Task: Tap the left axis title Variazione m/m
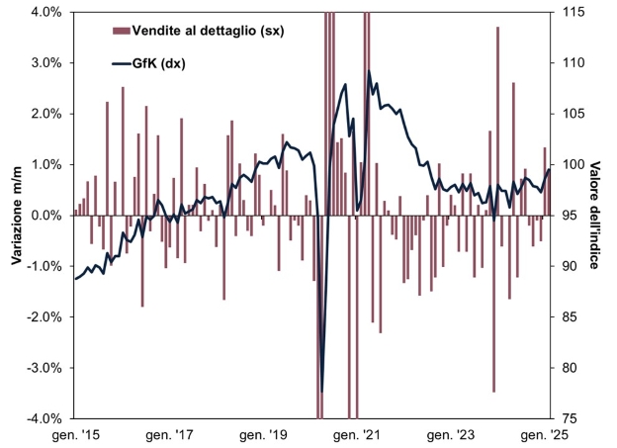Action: pyautogui.click(x=17, y=215)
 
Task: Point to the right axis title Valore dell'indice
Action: pyautogui.click(x=597, y=215)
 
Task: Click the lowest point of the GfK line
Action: pyautogui.click(x=322, y=392)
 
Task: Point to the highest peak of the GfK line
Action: pyautogui.click(x=369, y=71)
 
